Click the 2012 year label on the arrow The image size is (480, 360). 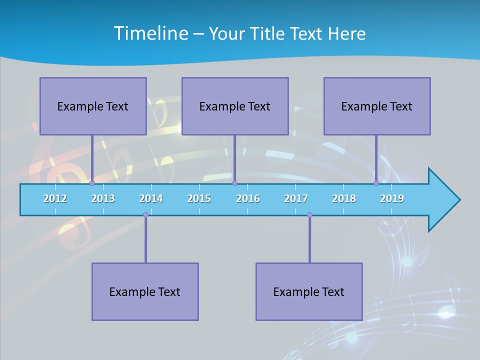[x=55, y=198]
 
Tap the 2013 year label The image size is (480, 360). [x=103, y=198]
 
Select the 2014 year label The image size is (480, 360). [x=151, y=198]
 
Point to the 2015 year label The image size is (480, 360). [x=199, y=198]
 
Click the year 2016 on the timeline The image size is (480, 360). [x=248, y=198]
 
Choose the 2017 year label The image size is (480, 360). [x=296, y=198]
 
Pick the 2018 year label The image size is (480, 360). [x=344, y=198]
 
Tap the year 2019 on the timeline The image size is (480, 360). [x=392, y=198]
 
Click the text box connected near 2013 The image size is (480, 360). [x=93, y=106]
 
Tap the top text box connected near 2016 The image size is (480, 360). [x=235, y=106]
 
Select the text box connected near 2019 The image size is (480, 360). [x=377, y=106]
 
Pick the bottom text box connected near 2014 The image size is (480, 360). [x=145, y=291]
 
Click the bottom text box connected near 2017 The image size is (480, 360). [x=309, y=291]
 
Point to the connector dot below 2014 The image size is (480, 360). [x=145, y=214]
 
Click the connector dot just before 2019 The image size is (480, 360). [x=376, y=183]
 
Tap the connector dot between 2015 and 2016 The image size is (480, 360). [x=234, y=183]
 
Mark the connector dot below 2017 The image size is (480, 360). [x=309, y=214]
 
